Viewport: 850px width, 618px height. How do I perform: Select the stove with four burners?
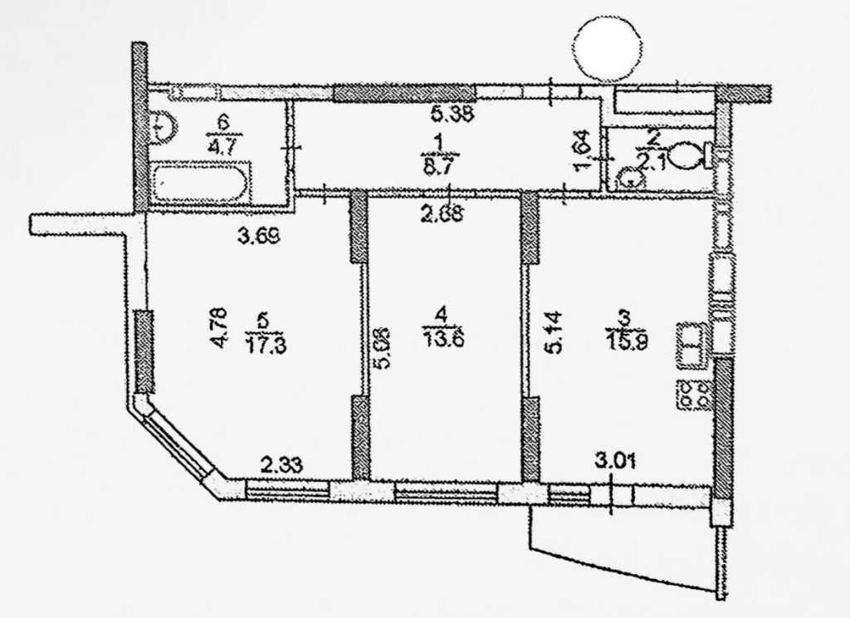pyautogui.click(x=694, y=394)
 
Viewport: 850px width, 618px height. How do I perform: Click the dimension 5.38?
pyautogui.click(x=452, y=116)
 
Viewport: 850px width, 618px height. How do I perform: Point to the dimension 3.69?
pyautogui.click(x=258, y=238)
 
